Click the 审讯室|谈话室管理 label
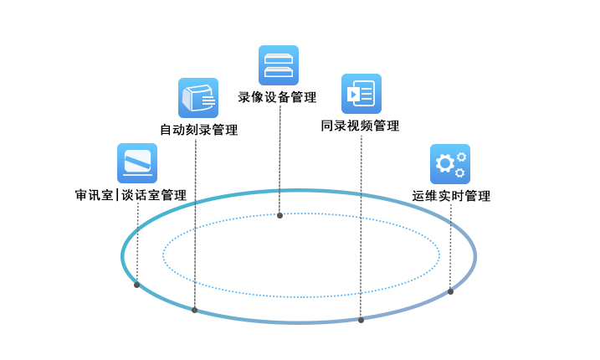tap(131, 195)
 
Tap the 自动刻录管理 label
tap(198, 130)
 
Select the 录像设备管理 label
tap(277, 97)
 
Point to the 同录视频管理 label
tap(360, 126)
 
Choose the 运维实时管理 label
tap(451, 196)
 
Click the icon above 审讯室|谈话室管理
tap(136, 162)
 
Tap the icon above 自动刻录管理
tap(198, 98)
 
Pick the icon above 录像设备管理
tap(278, 65)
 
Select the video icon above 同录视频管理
tap(361, 94)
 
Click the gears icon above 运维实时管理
tap(450, 164)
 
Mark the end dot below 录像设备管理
tap(279, 215)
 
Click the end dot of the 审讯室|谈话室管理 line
tap(136, 285)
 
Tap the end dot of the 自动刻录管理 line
tap(194, 310)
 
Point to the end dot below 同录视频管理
tap(361, 320)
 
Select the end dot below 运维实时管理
tap(450, 291)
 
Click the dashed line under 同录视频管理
tap(361, 226)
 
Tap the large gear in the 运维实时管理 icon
tap(445, 165)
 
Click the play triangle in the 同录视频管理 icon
tap(354, 95)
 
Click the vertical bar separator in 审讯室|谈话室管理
tap(117, 196)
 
